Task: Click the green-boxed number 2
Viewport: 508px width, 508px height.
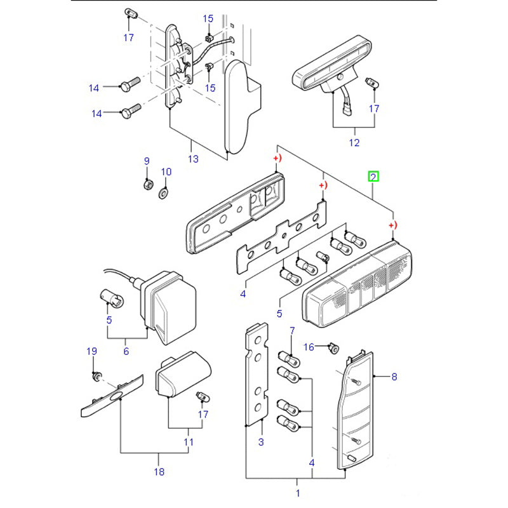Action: click(374, 176)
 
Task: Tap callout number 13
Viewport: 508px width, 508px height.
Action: click(193, 159)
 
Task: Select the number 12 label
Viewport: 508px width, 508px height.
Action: click(354, 142)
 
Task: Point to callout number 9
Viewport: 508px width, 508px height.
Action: click(146, 161)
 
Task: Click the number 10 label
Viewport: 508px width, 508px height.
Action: click(166, 171)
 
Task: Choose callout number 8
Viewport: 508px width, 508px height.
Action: click(394, 377)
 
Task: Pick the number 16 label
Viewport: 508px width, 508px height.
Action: click(309, 346)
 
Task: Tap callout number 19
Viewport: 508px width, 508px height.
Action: click(91, 351)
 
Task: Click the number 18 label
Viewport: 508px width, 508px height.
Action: click(159, 471)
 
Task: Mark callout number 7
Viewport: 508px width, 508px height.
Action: click(292, 331)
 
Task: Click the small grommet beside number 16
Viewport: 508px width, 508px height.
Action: click(332, 347)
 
